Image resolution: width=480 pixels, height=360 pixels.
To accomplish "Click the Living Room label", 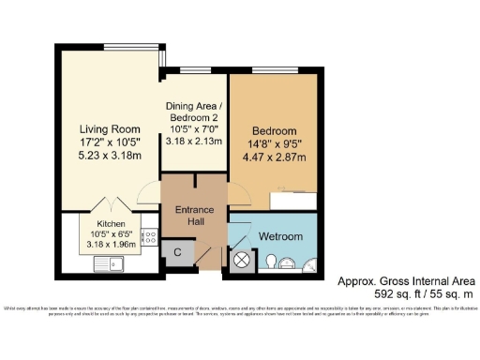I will coord(109,128).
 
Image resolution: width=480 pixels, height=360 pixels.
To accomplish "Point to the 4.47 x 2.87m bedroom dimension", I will coord(274,157).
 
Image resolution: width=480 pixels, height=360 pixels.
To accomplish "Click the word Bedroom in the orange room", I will coord(274,129).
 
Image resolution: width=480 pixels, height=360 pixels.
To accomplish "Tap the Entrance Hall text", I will coord(195,216).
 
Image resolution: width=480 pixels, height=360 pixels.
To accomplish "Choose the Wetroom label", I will coord(280,235).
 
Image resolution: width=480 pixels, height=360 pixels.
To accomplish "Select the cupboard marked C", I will coord(176,251).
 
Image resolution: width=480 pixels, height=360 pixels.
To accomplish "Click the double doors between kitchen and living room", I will coord(111,206).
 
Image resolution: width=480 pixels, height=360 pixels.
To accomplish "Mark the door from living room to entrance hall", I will coord(147,194).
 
